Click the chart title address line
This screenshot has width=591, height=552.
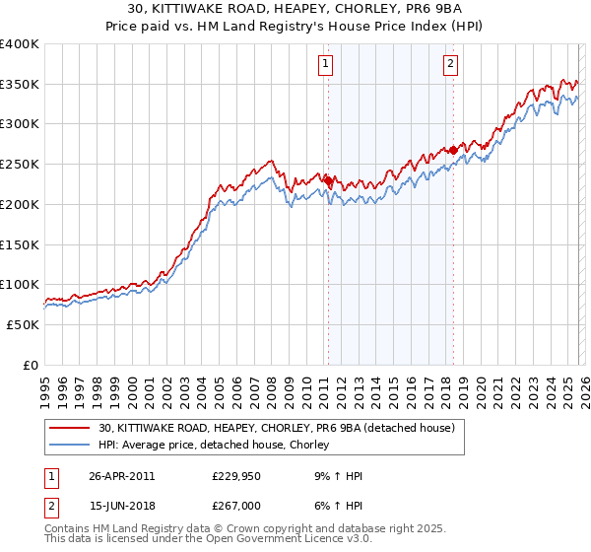(295, 9)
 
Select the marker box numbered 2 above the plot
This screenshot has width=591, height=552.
(451, 65)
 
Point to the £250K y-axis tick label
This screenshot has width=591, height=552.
(20, 165)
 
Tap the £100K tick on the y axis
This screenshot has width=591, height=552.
(20, 285)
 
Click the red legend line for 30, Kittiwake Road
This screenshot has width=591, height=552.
(71, 429)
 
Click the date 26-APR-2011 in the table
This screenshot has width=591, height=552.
(121, 475)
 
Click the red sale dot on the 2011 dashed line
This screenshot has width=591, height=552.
(328, 180)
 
